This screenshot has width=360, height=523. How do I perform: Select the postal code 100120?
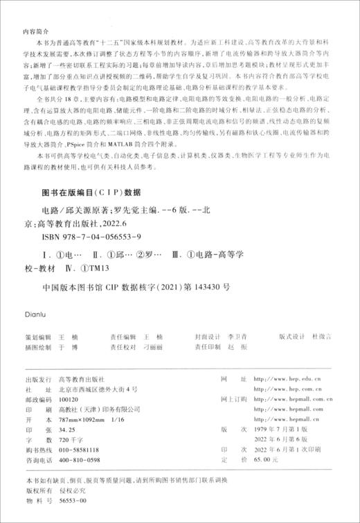71,400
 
